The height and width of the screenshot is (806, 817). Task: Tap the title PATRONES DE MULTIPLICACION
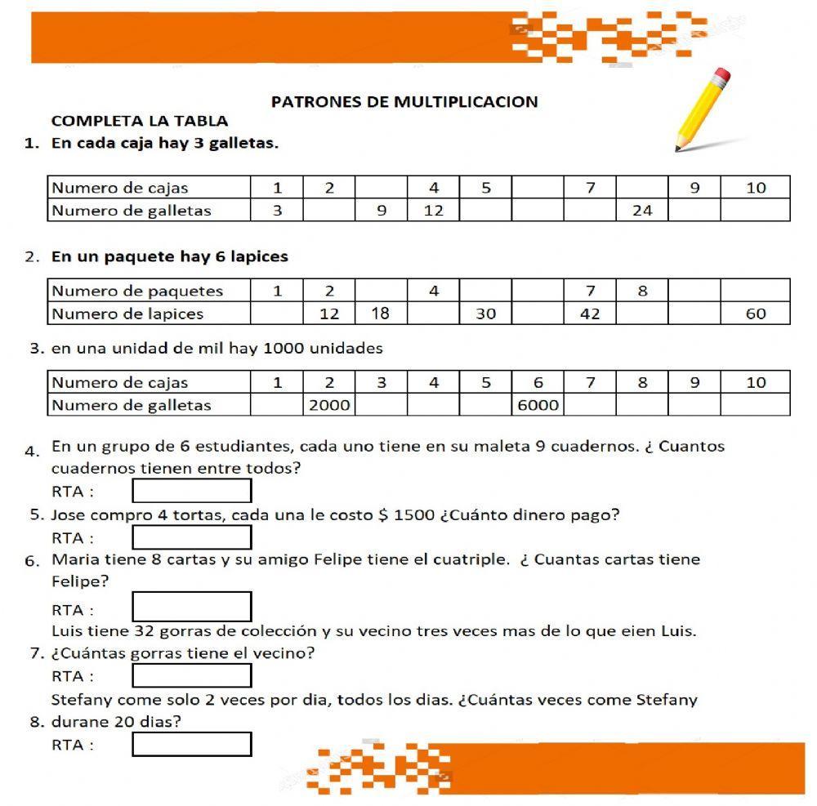[x=404, y=102]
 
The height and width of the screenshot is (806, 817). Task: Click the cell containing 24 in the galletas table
[x=642, y=211]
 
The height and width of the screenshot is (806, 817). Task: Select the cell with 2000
[x=329, y=405]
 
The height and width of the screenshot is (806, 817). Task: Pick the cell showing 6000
[x=538, y=405]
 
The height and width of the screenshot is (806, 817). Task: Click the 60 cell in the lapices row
[x=756, y=314]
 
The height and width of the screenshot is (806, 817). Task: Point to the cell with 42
[x=590, y=314]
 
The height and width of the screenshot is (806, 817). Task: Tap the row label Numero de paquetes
[x=137, y=291]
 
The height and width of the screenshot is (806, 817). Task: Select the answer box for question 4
[x=192, y=491]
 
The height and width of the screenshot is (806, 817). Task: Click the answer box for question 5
[x=192, y=537]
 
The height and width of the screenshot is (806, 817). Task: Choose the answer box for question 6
[x=192, y=607]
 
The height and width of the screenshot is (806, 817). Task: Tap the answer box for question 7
[x=192, y=675]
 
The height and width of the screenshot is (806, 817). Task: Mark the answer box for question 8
[x=192, y=744]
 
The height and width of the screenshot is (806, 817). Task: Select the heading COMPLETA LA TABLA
[x=140, y=121]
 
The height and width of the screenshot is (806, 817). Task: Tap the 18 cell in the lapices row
[x=381, y=314]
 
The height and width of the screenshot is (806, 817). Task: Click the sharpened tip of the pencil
[x=678, y=149]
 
